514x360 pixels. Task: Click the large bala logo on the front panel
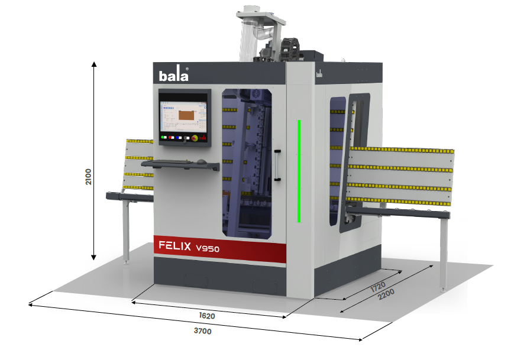(x=174, y=76)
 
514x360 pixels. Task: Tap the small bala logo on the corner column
(x=319, y=74)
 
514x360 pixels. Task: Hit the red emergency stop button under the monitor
(x=194, y=138)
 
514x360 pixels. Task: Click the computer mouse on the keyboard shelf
(x=202, y=161)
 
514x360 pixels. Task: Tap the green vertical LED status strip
(x=299, y=171)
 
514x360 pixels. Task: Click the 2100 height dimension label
(x=88, y=177)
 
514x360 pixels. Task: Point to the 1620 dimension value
(x=206, y=316)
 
